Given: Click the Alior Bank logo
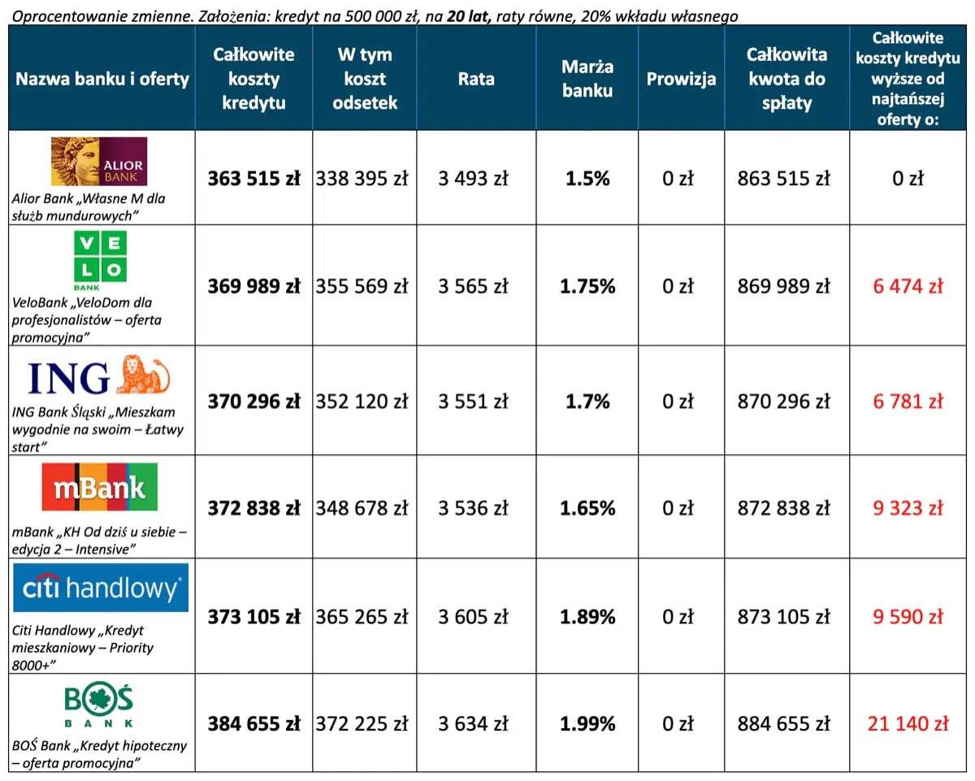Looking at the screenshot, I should pyautogui.click(x=99, y=161).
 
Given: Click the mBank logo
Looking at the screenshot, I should pyautogui.click(x=99, y=487).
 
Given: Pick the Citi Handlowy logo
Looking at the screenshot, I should pyautogui.click(x=101, y=588).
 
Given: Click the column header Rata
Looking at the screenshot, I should pyautogui.click(x=475, y=79).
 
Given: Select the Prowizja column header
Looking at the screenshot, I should pyautogui.click(x=681, y=79).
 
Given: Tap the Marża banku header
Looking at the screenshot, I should pyautogui.click(x=587, y=79).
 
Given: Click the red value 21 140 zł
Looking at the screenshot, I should pyautogui.click(x=908, y=723).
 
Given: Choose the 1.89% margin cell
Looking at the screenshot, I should pyautogui.click(x=587, y=617).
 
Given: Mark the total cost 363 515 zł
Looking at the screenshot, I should pyautogui.click(x=253, y=179).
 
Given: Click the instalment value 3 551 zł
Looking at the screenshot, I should pyautogui.click(x=473, y=401).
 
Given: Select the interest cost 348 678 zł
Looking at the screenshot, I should pyautogui.click(x=362, y=509).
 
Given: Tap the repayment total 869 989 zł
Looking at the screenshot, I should pyautogui.click(x=784, y=286).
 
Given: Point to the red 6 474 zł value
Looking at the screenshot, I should pyautogui.click(x=908, y=286).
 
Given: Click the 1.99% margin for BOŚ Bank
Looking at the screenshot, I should pyautogui.click(x=587, y=723).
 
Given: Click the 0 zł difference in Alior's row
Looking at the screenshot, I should pyautogui.click(x=908, y=179).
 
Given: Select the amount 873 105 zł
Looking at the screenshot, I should pyautogui.click(x=784, y=617).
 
